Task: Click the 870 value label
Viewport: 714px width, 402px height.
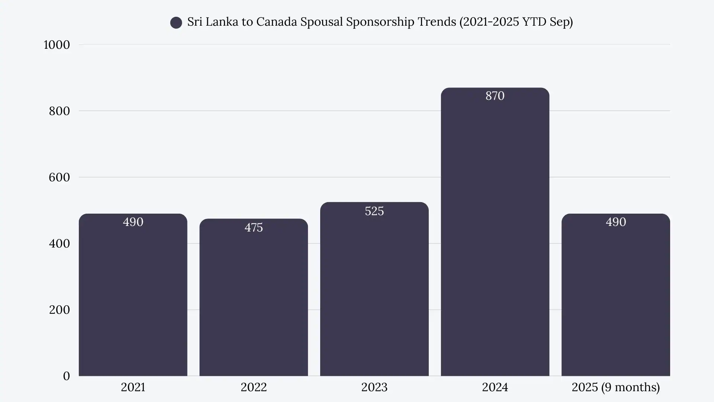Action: (495, 96)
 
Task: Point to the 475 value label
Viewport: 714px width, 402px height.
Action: (254, 227)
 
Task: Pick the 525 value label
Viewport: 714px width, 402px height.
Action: (374, 211)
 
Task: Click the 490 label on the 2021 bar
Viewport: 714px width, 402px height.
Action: (133, 222)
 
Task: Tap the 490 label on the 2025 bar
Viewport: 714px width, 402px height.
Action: (616, 222)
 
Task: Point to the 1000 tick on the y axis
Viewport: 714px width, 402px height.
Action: (57, 45)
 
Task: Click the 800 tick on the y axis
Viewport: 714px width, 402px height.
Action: (59, 111)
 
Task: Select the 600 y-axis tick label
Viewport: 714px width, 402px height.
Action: (59, 177)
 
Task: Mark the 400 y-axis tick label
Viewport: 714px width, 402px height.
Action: (59, 243)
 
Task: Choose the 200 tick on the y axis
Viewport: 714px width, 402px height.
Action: (59, 310)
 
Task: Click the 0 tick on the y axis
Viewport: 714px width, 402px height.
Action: (66, 376)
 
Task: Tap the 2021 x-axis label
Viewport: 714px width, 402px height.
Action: (133, 387)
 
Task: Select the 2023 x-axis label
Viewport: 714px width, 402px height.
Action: (374, 387)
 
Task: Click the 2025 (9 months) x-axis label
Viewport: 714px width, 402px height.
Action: (616, 387)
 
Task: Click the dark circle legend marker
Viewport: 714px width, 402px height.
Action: (176, 23)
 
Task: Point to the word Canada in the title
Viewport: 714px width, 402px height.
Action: (276, 22)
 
